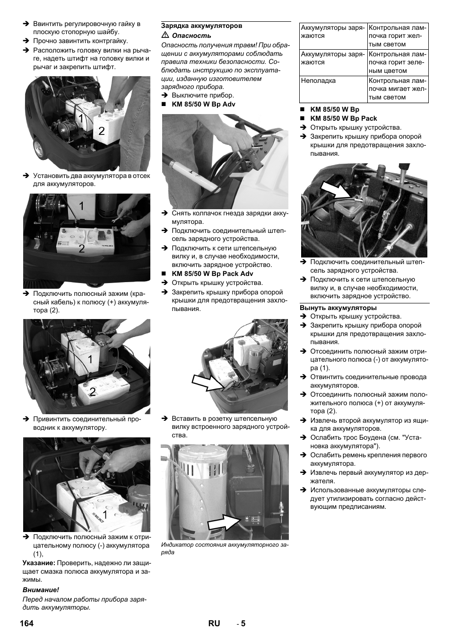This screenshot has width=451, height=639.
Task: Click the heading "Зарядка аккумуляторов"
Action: (x=202, y=26)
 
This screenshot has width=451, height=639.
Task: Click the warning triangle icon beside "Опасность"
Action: (x=165, y=35)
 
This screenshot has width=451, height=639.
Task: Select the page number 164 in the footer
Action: (x=27, y=623)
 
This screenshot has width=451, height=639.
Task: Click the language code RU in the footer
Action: (x=214, y=623)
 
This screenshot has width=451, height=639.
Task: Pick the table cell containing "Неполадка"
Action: (x=334, y=89)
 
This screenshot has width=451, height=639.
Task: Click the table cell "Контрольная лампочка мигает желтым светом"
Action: (x=398, y=89)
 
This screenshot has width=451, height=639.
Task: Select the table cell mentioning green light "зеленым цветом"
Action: (x=398, y=62)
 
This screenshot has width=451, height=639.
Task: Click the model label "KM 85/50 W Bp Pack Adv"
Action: (x=212, y=274)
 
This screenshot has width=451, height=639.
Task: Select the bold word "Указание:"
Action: (x=39, y=563)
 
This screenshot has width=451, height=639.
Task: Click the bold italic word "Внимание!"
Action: (x=41, y=590)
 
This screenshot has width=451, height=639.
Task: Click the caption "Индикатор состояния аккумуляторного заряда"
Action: (x=224, y=549)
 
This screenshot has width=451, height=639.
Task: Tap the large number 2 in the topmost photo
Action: (x=102, y=131)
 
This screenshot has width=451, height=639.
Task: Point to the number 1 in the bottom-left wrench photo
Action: (x=104, y=514)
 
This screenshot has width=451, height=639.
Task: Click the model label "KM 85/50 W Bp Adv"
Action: (x=203, y=104)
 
